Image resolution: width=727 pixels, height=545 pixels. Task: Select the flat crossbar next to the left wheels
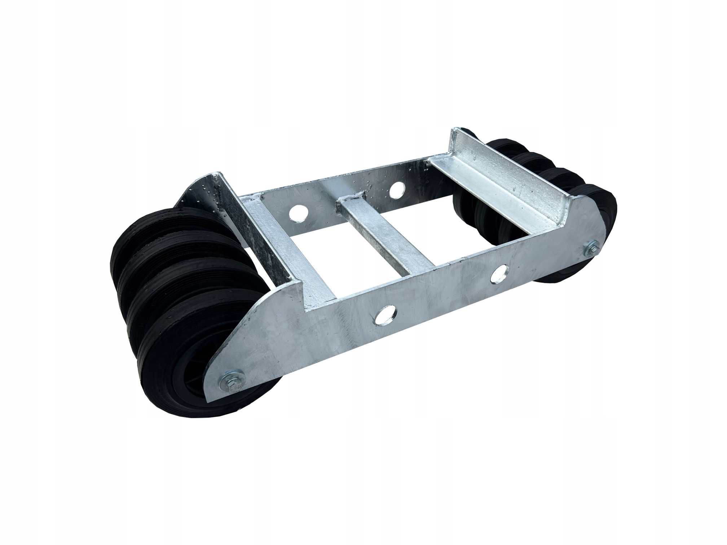[288, 252]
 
